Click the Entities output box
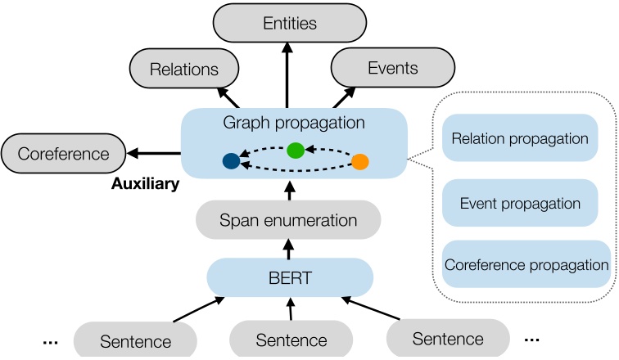(289, 24)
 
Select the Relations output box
(184, 70)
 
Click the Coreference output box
(63, 153)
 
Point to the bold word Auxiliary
(145, 185)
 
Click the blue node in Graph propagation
(231, 161)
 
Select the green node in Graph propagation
(296, 150)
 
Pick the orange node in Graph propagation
(360, 161)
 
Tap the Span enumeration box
(288, 220)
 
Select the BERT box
(289, 277)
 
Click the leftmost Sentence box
(135, 340)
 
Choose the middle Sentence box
(291, 339)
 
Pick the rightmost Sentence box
(447, 337)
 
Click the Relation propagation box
(520, 138)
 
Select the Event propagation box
(520, 204)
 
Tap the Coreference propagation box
(526, 265)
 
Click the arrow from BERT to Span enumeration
(288, 248)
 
